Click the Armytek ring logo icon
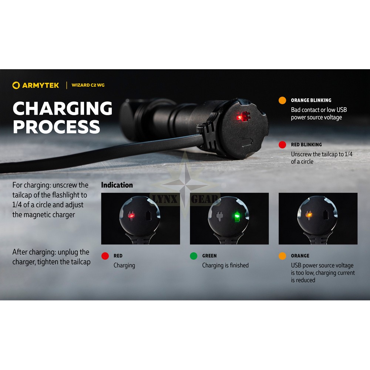pos(16,85)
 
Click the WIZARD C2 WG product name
pos(88,85)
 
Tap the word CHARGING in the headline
pos(63,108)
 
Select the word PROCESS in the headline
pos(57,127)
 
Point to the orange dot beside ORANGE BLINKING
pos(282,100)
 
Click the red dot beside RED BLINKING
pos(282,145)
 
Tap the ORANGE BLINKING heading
pos(311,100)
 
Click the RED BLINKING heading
pos(306,145)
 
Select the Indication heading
pos(117,185)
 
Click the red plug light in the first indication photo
pos(131,215)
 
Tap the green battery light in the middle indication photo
pos(236,216)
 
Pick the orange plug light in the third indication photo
pos(309,215)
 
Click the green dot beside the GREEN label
pos(194,256)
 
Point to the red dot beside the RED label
pos(105,256)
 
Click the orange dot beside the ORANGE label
pos(282,256)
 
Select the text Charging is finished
pos(225,265)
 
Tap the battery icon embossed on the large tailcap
pos(247,142)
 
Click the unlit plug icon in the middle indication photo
pos(219,216)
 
